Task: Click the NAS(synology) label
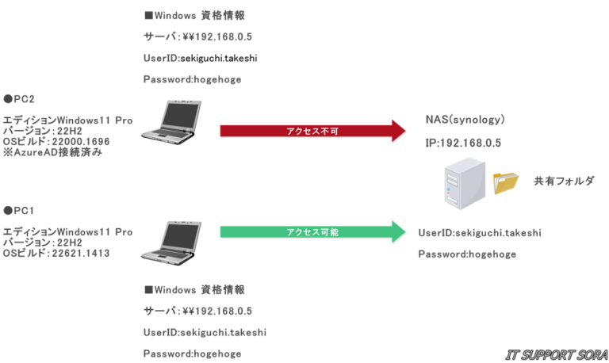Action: pyautogui.click(x=465, y=120)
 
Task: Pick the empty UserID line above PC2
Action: pyautogui.click(x=162, y=58)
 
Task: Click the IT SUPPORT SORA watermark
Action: pyautogui.click(x=555, y=353)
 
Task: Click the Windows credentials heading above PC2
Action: pyautogui.click(x=194, y=15)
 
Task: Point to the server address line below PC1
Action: pyautogui.click(x=198, y=311)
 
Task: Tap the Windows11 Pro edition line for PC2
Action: pyautogui.click(x=67, y=120)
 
